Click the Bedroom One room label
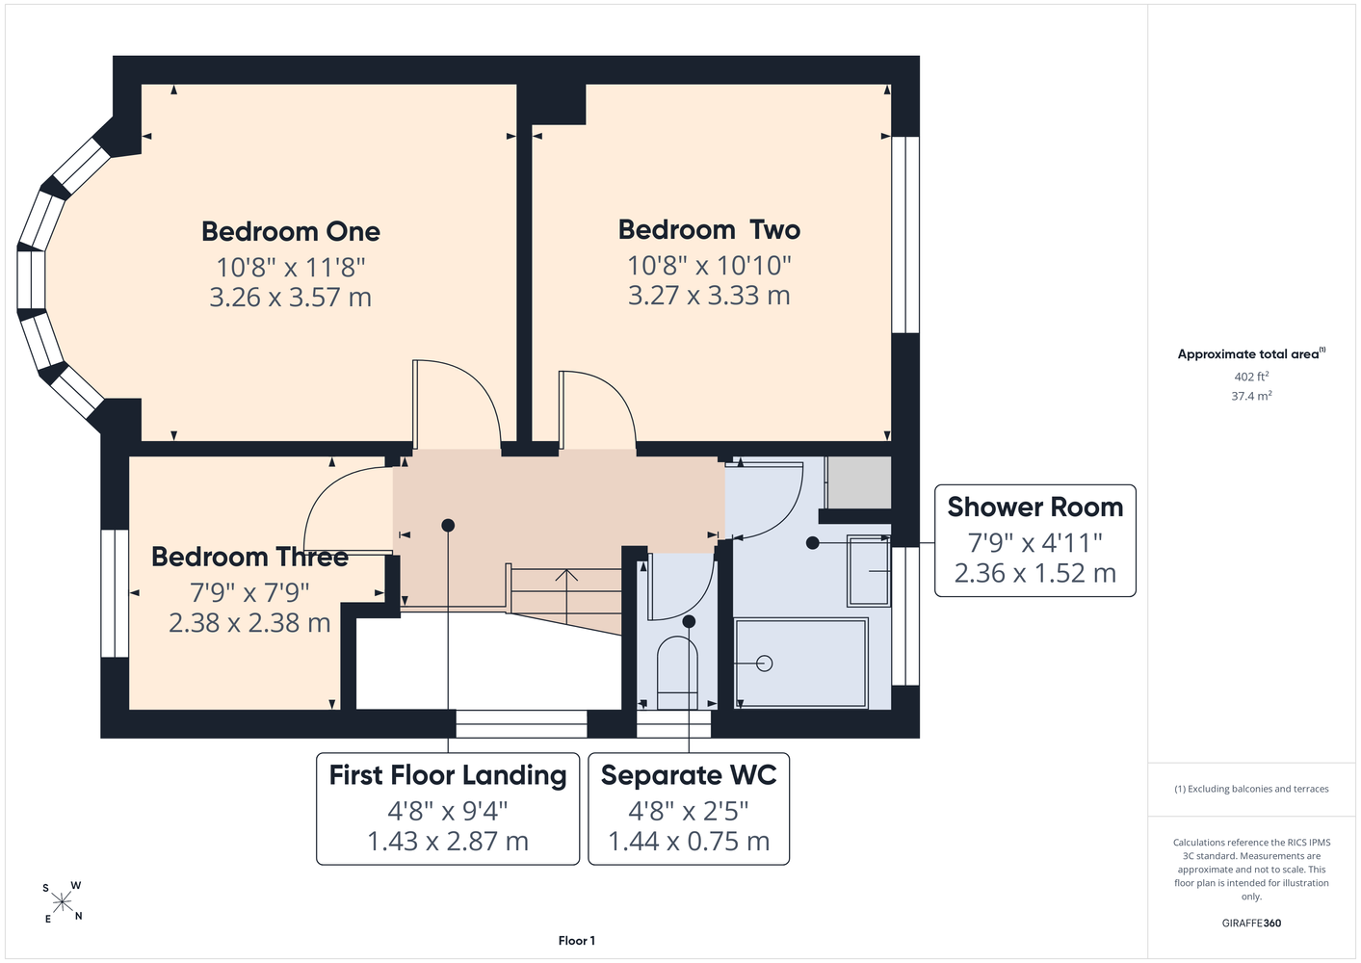click(x=291, y=231)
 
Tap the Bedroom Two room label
click(x=709, y=229)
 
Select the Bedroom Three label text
click(x=249, y=558)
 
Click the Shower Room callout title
click(x=1034, y=508)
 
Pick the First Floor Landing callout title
click(x=448, y=775)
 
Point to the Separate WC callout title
click(x=689, y=775)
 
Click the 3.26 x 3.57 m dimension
click(x=291, y=298)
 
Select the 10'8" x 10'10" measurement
click(x=709, y=265)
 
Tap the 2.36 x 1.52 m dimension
click(x=1034, y=573)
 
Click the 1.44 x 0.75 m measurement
click(x=689, y=841)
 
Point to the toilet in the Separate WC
click(x=677, y=672)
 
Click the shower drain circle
click(x=765, y=664)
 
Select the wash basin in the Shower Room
click(x=869, y=570)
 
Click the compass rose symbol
click(x=62, y=902)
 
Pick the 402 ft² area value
click(x=1251, y=377)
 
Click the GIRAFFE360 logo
click(x=1251, y=923)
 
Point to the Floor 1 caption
click(x=577, y=941)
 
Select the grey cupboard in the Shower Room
click(x=859, y=482)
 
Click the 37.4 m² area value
click(x=1251, y=396)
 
